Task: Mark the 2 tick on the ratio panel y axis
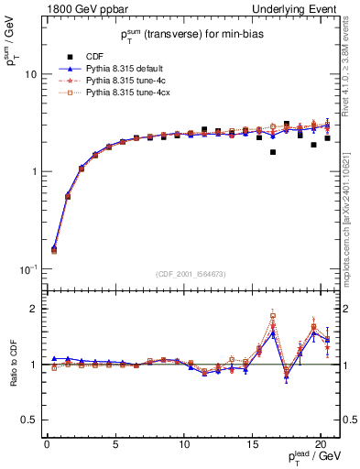click(35, 310)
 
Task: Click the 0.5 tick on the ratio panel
click(32, 420)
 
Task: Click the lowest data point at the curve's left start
click(54, 249)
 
